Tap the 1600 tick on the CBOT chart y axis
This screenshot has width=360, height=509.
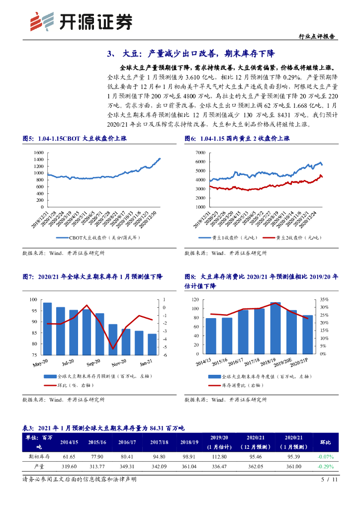pos(38,152)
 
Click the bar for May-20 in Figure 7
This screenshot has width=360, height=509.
pos(47,328)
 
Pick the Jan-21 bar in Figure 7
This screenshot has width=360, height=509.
pos(151,344)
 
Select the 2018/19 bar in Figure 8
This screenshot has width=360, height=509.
pos(275,328)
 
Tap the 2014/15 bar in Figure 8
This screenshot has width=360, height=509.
pos(211,336)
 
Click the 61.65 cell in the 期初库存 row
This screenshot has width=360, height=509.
pos(69,456)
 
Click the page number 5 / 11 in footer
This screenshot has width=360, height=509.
pos(329,480)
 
